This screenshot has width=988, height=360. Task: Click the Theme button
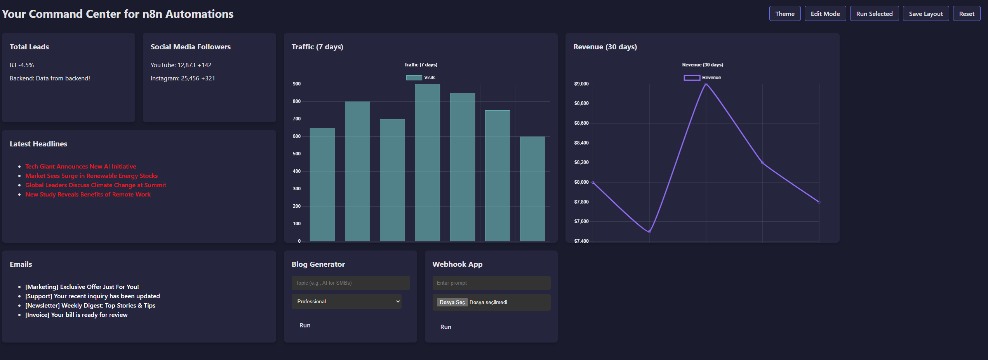pos(784,14)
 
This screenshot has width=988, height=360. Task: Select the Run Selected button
pos(874,14)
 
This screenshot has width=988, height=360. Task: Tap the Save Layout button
pos(925,14)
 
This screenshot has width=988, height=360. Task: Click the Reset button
pos(966,14)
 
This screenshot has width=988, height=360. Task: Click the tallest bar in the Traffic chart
pos(427,163)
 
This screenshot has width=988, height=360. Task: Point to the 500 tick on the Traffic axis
pos(297,154)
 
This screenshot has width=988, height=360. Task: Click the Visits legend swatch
pos(414,78)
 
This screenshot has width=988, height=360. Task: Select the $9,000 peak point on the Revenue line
pos(706,84)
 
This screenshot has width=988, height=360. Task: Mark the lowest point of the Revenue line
pos(649,231)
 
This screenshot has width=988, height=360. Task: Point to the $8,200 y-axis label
pos(581,162)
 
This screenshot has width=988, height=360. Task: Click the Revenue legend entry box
pos(692,78)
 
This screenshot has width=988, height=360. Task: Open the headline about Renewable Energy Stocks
pos(91,176)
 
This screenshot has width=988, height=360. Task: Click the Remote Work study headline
pos(88,195)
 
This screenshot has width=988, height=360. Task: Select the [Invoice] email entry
pos(76,315)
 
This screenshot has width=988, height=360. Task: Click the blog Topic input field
pos(350,283)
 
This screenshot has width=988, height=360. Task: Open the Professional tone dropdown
pos(346,302)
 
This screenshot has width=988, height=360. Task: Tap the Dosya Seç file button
pos(452,303)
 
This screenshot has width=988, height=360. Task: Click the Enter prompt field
pos(491,283)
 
